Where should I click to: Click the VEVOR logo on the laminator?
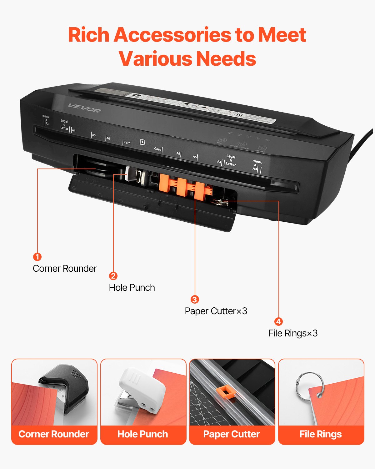(x=84, y=108)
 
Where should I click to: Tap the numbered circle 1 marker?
(x=37, y=257)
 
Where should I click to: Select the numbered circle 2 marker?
(x=113, y=276)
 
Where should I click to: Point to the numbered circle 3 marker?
(x=195, y=299)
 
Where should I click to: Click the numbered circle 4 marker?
(x=278, y=321)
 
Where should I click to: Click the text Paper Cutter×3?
(x=216, y=311)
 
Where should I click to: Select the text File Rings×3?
(x=293, y=333)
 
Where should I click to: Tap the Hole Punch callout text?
(x=132, y=288)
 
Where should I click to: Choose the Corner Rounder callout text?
(x=65, y=269)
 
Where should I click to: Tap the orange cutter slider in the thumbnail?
(x=226, y=392)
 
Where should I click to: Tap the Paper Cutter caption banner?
(x=232, y=434)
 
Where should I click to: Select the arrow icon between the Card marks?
(x=142, y=142)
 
